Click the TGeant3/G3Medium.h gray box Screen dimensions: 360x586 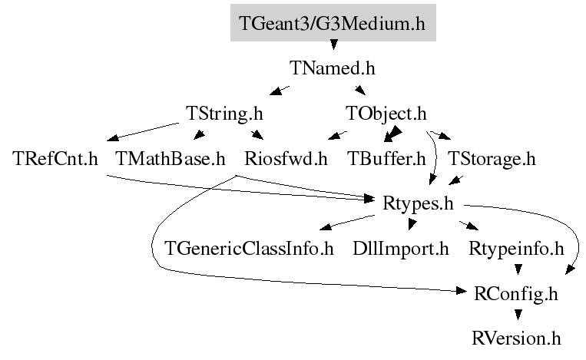point(333,24)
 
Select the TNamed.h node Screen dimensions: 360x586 point(333,68)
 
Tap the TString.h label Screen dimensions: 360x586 point(224,114)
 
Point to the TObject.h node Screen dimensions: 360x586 point(386,114)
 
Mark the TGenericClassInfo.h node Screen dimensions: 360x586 point(250,249)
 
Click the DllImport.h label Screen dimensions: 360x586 point(400,249)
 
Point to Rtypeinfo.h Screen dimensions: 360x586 point(515,249)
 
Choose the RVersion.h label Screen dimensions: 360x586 point(517,338)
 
